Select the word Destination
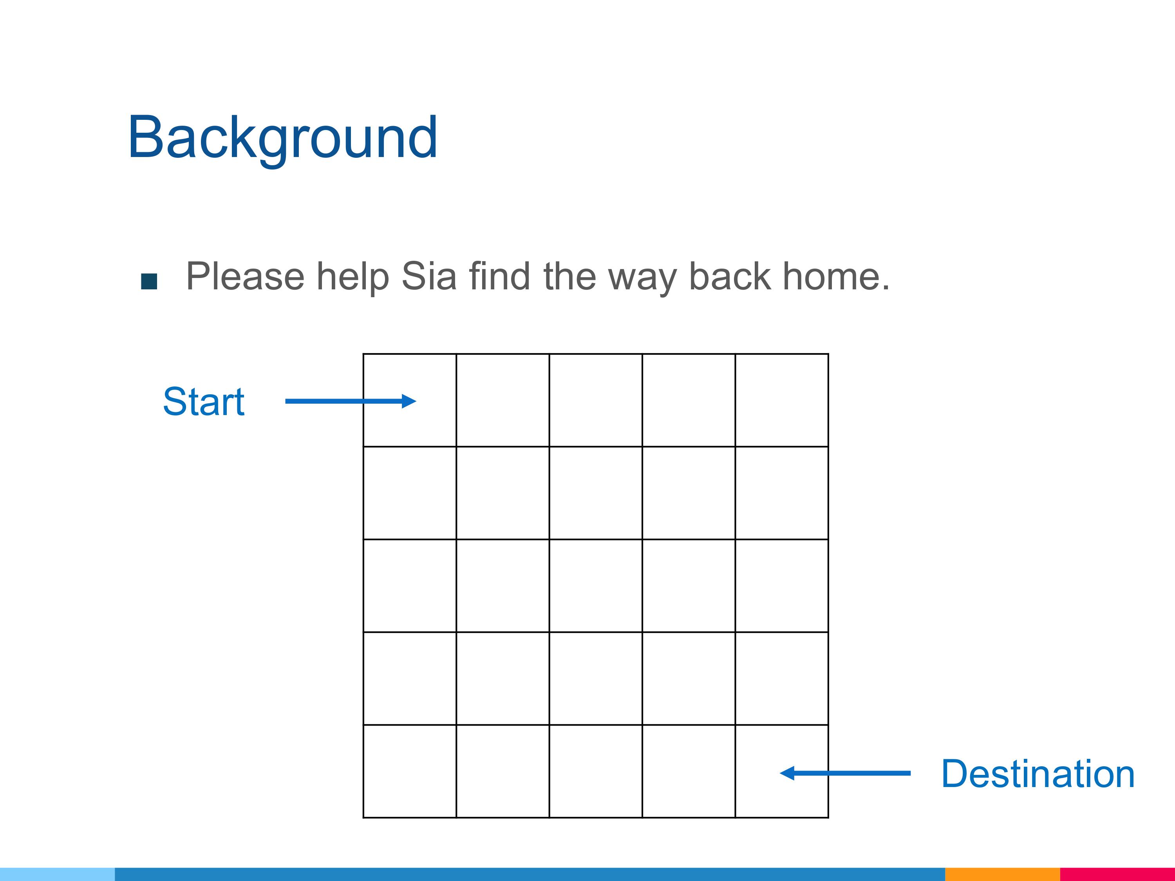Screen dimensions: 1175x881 click(1038, 774)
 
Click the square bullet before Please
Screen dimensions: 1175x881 click(149, 282)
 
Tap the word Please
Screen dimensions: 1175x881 click(245, 277)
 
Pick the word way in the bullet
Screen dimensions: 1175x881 click(642, 279)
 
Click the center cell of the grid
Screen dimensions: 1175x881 click(595, 585)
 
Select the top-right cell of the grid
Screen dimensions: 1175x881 click(781, 400)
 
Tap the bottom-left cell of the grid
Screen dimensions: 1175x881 click(410, 771)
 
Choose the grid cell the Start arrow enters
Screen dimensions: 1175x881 click(410, 400)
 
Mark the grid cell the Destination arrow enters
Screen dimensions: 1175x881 click(781, 771)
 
